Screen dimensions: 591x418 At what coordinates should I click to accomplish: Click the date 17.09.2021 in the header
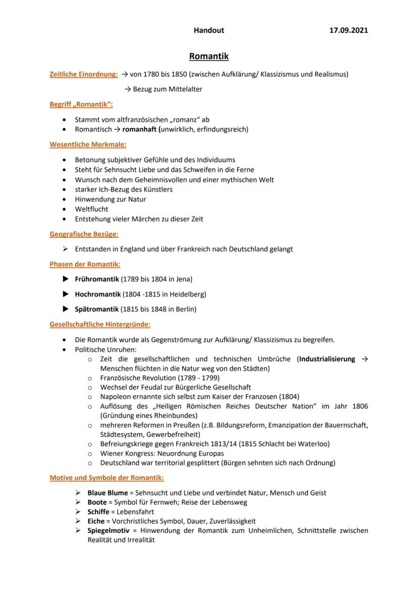[348, 30]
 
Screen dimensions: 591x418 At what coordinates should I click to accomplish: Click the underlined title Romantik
[208, 56]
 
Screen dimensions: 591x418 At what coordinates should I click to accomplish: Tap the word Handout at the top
[208, 30]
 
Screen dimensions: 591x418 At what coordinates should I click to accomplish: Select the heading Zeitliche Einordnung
[84, 74]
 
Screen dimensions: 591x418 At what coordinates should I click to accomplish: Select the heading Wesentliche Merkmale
[88, 144]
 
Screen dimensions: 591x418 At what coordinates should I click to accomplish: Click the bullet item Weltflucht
[91, 209]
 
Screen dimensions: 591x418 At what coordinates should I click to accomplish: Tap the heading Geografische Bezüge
[84, 234]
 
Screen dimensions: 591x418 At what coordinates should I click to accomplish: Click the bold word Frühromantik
[97, 279]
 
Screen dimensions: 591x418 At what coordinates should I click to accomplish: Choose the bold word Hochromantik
[97, 294]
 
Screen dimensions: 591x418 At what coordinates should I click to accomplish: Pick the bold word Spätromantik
[97, 309]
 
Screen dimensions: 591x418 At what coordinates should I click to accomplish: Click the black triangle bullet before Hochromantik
[65, 294]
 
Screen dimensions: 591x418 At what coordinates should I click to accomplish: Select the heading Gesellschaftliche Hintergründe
[100, 325]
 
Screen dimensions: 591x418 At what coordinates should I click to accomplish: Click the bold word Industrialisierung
[327, 359]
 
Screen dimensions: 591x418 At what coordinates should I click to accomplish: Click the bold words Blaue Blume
[108, 493]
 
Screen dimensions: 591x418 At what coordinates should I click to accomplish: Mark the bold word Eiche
[96, 521]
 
